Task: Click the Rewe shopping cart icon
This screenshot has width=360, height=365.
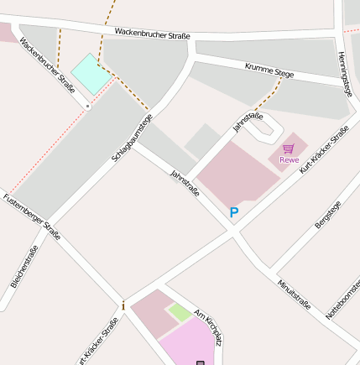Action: pyautogui.click(x=289, y=148)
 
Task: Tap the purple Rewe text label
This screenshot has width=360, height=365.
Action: pyautogui.click(x=290, y=159)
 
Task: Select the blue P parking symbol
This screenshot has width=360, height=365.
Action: pyautogui.click(x=234, y=213)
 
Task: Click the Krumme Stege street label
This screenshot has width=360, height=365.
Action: pyautogui.click(x=269, y=70)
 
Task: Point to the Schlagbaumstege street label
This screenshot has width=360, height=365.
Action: pyautogui.click(x=133, y=137)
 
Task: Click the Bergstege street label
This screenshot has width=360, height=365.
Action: pyautogui.click(x=328, y=215)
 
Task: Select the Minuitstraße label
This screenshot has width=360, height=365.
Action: pyautogui.click(x=295, y=294)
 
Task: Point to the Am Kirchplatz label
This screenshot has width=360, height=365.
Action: pyautogui.click(x=208, y=327)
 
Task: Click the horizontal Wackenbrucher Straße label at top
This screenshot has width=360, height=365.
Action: pyautogui.click(x=152, y=34)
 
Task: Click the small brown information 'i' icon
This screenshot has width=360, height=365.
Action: pyautogui.click(x=124, y=305)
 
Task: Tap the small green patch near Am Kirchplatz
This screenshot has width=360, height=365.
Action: pyautogui.click(x=179, y=313)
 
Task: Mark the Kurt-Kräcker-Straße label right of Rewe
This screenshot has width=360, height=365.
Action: pyautogui.click(x=324, y=150)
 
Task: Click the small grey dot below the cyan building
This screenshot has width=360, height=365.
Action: pyautogui.click(x=87, y=107)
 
